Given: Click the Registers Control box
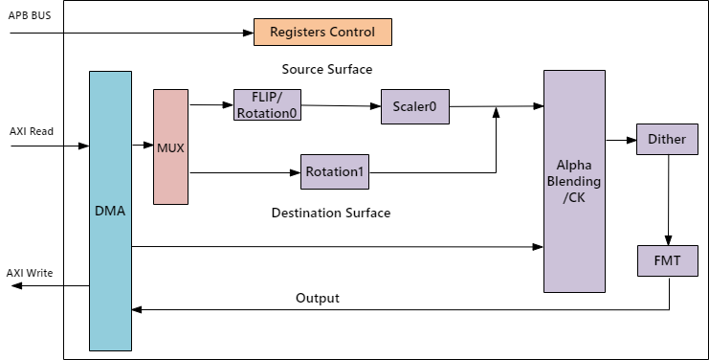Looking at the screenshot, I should coord(322,32).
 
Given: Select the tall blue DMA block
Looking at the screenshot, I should coord(110,210).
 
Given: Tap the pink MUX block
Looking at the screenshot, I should coord(170,146).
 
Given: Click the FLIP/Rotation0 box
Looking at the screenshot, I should coord(267,104).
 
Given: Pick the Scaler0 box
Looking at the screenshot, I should coord(414,106).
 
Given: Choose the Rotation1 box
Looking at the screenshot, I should coord(335,173).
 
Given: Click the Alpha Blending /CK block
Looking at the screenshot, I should coord(574,181).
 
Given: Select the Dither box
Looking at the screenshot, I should coord(666,140).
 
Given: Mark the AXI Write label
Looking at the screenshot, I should coord(32,272).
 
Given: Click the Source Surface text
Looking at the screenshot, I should coord(326,70).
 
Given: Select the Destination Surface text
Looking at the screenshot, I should coord(331,213).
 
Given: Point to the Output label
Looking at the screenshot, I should coord(318,298).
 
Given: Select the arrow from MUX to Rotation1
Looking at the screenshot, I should coord(245,173).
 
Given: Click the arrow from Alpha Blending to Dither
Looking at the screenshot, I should coord(620,140).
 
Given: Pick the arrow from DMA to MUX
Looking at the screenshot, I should coord(142,146).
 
